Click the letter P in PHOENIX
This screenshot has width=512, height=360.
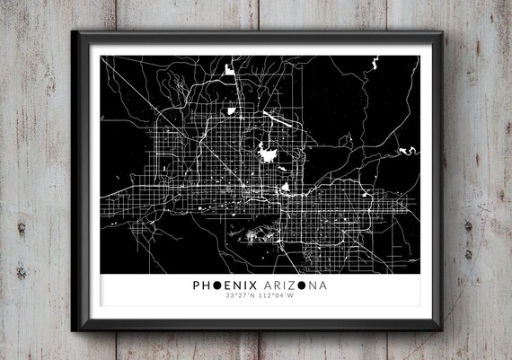coord(196,285)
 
